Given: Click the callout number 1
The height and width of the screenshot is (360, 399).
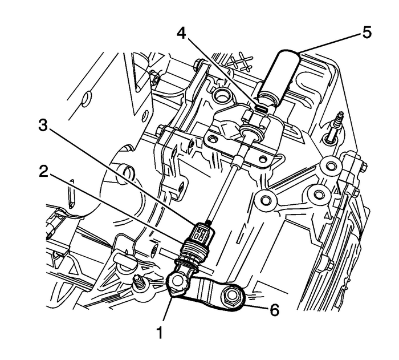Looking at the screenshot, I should click(160, 330).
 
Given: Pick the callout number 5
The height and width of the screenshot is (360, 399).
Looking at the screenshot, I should click(365, 33).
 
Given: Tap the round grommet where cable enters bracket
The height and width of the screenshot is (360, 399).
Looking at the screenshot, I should click(249, 135).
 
